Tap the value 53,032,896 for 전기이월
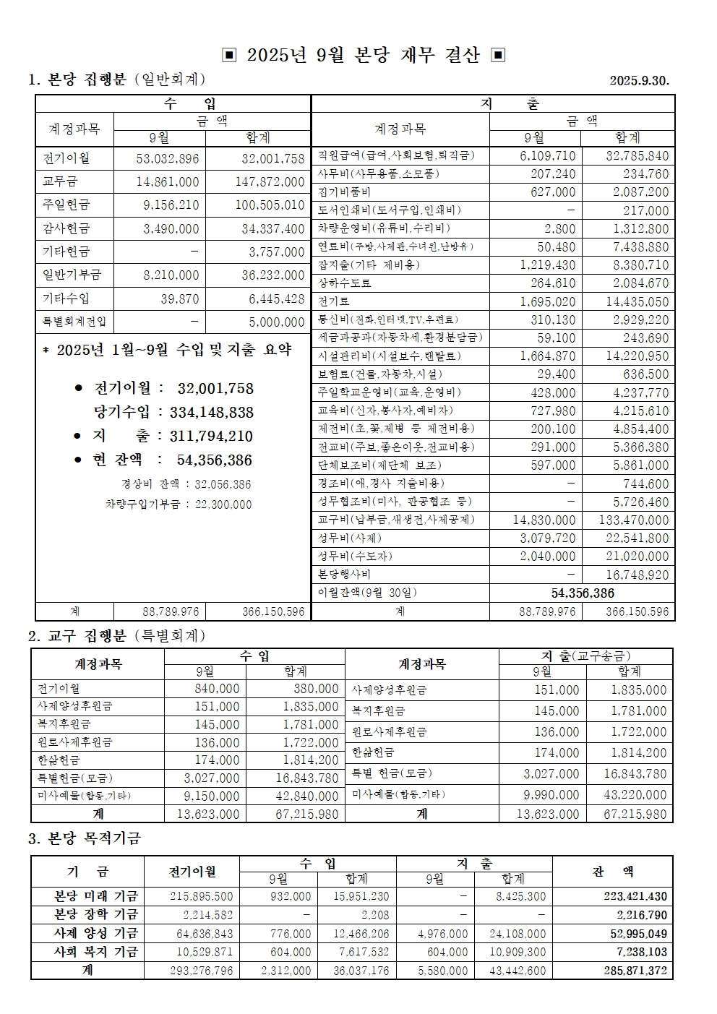(168, 158)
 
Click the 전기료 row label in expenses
(334, 301)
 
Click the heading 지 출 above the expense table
(510, 104)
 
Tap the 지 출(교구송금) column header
(585, 656)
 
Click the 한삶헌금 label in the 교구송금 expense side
(373, 752)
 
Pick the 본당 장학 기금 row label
(96, 915)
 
